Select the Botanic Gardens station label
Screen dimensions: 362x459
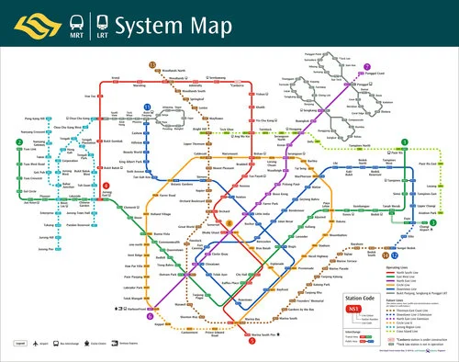tap(195, 153)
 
